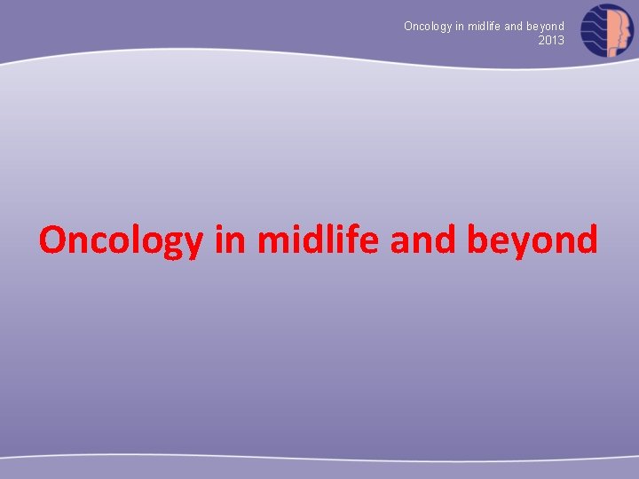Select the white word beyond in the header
click(546, 27)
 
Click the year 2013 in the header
click(551, 40)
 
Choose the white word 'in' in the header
click(460, 27)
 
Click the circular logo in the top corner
click(607, 30)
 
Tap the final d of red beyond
click(587, 239)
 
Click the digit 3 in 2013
click(561, 40)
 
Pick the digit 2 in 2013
click(541, 40)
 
